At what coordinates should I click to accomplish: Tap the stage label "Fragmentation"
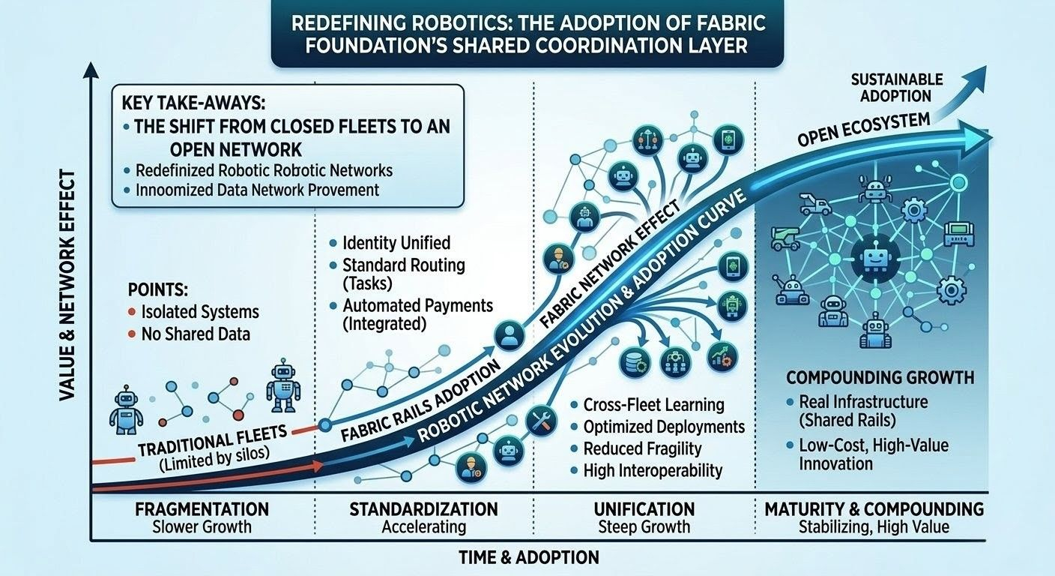(202, 509)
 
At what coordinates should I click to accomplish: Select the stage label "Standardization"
(423, 509)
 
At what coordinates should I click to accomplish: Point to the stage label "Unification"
(644, 509)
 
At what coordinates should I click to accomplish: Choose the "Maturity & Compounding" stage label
(874, 509)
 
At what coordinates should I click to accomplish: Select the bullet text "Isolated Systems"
(199, 312)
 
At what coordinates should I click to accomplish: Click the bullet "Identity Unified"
(396, 243)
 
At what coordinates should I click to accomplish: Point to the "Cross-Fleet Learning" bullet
(653, 405)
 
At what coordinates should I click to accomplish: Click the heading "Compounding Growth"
(880, 377)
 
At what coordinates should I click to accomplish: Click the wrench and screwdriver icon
(541, 421)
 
